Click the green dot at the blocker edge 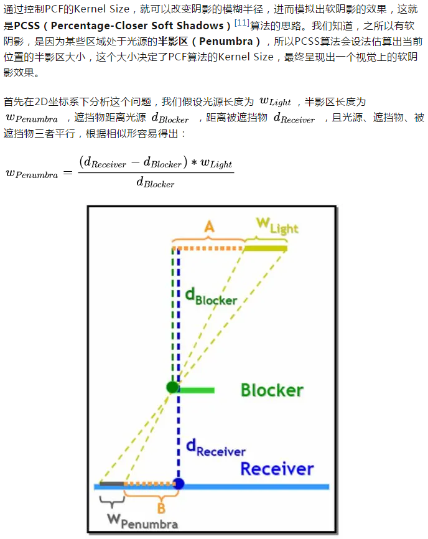coord(172,387)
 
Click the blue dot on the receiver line coord(179,484)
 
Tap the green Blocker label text coord(272,390)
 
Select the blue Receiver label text coord(277,469)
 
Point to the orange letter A coord(210,228)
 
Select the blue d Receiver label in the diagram coord(215,448)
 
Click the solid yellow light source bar coord(265,248)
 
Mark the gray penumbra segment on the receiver coord(111,484)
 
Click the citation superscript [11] coord(241,23)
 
